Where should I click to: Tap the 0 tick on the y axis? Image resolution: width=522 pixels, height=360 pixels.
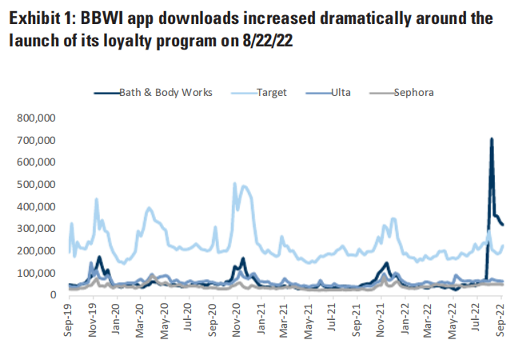coord(54,295)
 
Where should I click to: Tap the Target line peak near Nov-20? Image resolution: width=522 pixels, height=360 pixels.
coord(234,183)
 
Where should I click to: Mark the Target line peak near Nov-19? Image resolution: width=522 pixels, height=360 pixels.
coord(97,199)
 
